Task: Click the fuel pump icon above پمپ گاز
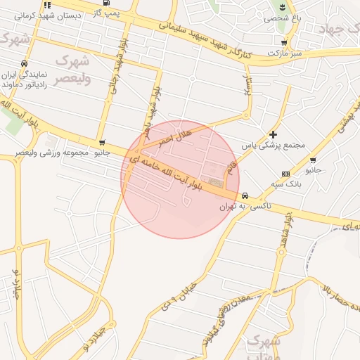[x=106, y=2]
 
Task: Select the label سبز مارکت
[x=288, y=53]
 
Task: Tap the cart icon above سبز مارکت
[x=283, y=42]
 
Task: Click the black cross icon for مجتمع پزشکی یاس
[x=274, y=134]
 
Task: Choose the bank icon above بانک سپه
[x=285, y=173]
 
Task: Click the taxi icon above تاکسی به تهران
[x=245, y=195]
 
